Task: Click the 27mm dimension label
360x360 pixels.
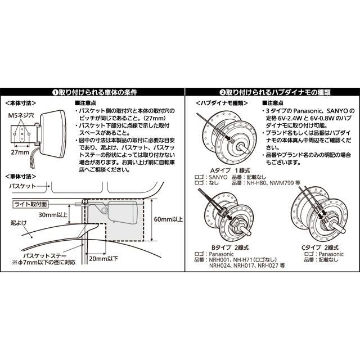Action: click(x=20, y=152)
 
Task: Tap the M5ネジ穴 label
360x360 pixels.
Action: click(x=21, y=115)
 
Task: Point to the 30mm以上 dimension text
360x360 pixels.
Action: click(x=53, y=215)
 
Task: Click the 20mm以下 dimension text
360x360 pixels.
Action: click(x=103, y=259)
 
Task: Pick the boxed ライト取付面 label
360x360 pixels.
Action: click(x=30, y=204)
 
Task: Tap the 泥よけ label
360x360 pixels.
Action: click(x=19, y=223)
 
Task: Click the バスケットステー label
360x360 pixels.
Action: click(x=45, y=256)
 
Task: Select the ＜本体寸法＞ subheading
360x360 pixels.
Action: click(x=21, y=103)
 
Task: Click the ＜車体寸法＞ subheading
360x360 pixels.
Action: click(x=21, y=176)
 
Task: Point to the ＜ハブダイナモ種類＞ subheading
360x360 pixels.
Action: click(x=222, y=103)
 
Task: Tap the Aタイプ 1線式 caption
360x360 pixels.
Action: click(x=230, y=170)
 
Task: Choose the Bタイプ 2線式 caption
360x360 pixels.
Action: click(x=230, y=247)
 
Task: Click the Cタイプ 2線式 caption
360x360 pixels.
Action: click(x=320, y=247)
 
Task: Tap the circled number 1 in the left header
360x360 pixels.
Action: click(x=55, y=92)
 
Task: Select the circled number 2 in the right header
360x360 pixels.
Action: click(x=222, y=92)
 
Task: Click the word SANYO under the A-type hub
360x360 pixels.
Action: click(x=218, y=177)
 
